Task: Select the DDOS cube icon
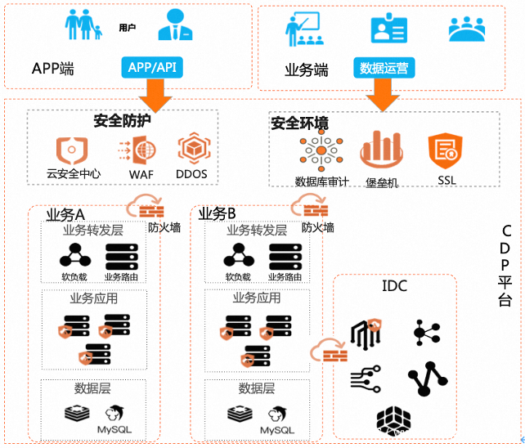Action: (191, 150)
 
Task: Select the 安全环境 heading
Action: (299, 123)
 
